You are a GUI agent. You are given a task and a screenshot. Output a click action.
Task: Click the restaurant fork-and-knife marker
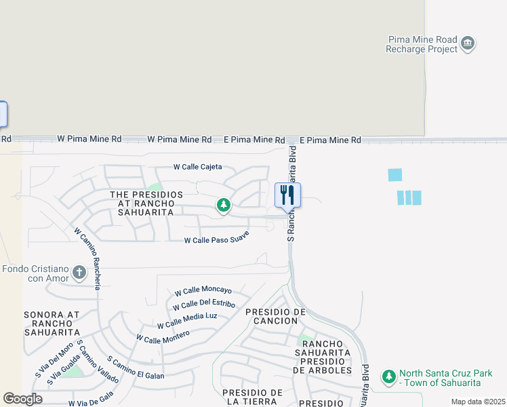tap(287, 195)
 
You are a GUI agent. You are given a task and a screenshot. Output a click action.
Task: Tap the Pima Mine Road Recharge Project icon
tap(468, 44)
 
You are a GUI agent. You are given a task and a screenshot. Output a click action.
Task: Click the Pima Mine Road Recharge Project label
tap(422, 45)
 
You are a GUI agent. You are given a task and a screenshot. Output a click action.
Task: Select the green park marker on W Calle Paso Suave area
tap(222, 204)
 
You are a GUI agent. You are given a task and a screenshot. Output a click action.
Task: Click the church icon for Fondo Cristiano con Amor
tap(79, 273)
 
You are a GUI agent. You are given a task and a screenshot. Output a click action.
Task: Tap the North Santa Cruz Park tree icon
tap(388, 376)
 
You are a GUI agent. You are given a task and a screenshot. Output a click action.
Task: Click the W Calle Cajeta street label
tap(197, 167)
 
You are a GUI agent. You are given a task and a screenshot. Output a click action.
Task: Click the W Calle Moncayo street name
tap(203, 290)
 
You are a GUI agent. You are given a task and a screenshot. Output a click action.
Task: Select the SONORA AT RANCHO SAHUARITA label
tap(52, 324)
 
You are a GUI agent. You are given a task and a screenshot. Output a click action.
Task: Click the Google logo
tap(22, 399)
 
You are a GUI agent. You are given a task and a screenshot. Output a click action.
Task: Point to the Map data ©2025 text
tap(477, 402)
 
